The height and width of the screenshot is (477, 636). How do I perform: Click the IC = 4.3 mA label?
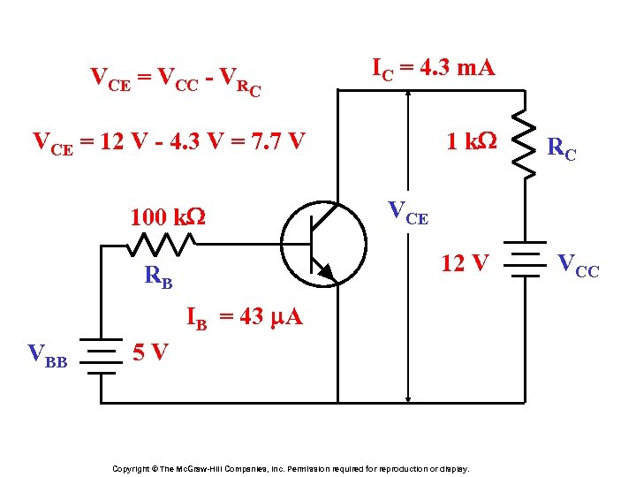coord(433,67)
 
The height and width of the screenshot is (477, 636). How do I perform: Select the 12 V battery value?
coord(465,262)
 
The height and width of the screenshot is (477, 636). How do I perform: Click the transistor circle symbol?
coord(323,239)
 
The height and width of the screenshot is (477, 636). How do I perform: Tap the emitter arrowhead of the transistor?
coord(326,272)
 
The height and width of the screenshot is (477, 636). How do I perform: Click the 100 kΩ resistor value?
coord(167,216)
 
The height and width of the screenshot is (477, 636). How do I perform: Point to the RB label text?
coord(158,278)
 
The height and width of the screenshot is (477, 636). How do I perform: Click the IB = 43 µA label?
coord(244,319)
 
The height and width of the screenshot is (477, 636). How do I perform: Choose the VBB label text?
coord(48,356)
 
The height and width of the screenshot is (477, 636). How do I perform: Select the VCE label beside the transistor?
coord(408,213)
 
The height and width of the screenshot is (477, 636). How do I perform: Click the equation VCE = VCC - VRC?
coord(177,80)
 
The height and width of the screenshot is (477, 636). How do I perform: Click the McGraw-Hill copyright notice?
coord(291,468)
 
